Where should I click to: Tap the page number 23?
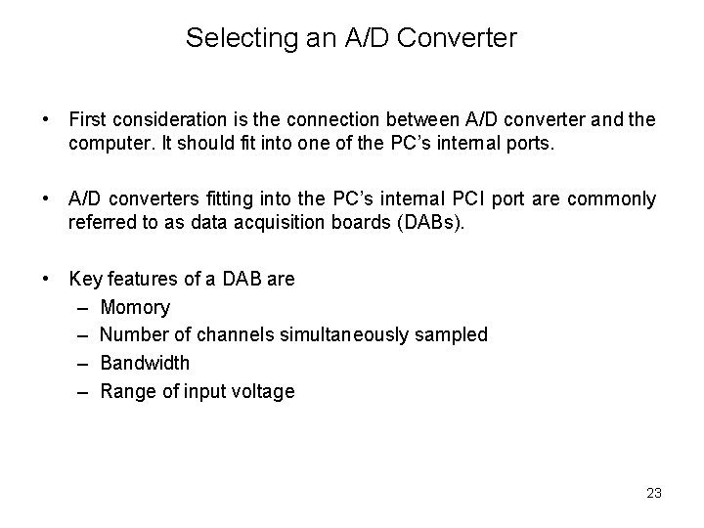pos(654,492)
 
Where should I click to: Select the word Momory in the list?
pos(135,307)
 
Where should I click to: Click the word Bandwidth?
pos(145,363)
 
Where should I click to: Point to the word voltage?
pos(259,391)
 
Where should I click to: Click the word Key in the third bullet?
pos(86,279)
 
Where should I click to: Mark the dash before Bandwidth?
pos(82,363)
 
